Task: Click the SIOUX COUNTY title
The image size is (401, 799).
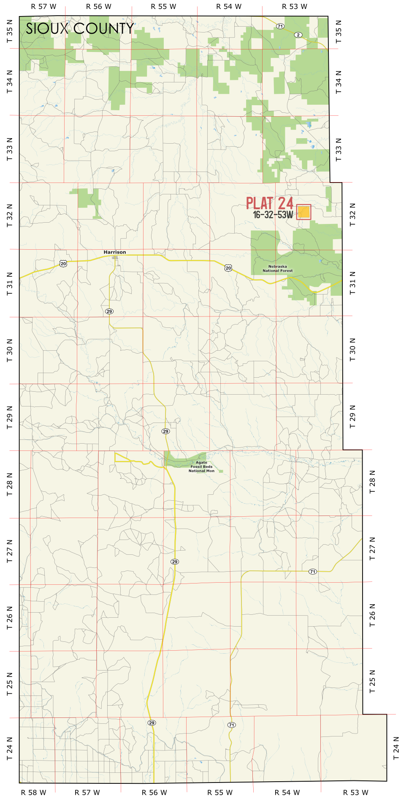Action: (x=80, y=29)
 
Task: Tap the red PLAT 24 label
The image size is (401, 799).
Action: (x=270, y=203)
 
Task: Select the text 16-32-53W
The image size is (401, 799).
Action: (x=273, y=215)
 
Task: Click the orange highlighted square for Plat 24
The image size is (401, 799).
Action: (x=304, y=212)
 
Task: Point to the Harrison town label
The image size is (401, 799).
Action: (x=115, y=252)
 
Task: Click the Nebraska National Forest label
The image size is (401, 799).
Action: (x=277, y=269)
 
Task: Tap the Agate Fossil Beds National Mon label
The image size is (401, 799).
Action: (x=201, y=467)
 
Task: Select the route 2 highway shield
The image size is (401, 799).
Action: (x=298, y=35)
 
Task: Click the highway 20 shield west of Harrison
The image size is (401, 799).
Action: (x=63, y=264)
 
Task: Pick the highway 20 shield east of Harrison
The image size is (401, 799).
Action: (x=228, y=268)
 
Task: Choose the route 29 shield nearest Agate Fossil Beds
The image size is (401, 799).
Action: (x=165, y=431)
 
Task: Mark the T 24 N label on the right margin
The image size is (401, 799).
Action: (x=396, y=748)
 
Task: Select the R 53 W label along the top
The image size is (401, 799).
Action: (x=295, y=7)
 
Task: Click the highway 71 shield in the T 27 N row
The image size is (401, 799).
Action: (x=312, y=572)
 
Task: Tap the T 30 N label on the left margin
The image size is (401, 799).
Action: (x=10, y=350)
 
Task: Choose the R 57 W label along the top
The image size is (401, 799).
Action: (x=44, y=7)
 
